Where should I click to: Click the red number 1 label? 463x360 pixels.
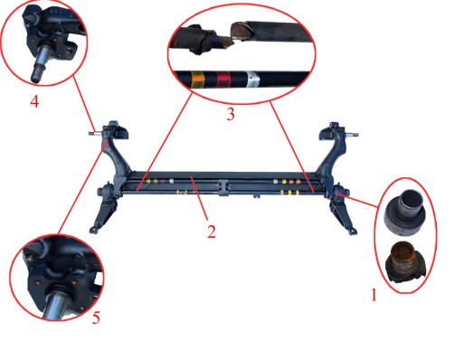pyautogui.click(x=373, y=295)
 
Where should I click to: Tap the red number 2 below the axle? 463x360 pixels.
pyautogui.click(x=212, y=232)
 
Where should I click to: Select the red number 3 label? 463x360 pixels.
pyautogui.click(x=231, y=114)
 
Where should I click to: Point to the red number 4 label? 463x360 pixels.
pyautogui.click(x=34, y=101)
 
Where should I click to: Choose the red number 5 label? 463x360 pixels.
pyautogui.click(x=96, y=317)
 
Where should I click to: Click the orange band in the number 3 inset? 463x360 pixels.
pyautogui.click(x=198, y=80)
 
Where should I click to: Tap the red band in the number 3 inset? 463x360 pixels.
pyautogui.click(x=223, y=80)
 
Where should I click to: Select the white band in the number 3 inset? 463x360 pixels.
pyautogui.click(x=252, y=80)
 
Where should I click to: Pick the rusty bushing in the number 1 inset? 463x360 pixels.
pyautogui.click(x=406, y=262)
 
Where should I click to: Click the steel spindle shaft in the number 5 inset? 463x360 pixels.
pyautogui.click(x=57, y=306)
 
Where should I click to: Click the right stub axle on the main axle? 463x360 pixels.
pyautogui.click(x=353, y=135)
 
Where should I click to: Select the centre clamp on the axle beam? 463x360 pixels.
pyautogui.click(x=222, y=187)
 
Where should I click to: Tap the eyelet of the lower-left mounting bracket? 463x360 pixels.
pyautogui.click(x=92, y=230)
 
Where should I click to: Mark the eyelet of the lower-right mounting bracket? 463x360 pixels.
pyautogui.click(x=353, y=232)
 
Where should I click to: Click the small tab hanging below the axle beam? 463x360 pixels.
pyautogui.click(x=257, y=196)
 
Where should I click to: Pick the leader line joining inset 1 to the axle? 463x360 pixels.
pyautogui.click(x=358, y=201)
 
